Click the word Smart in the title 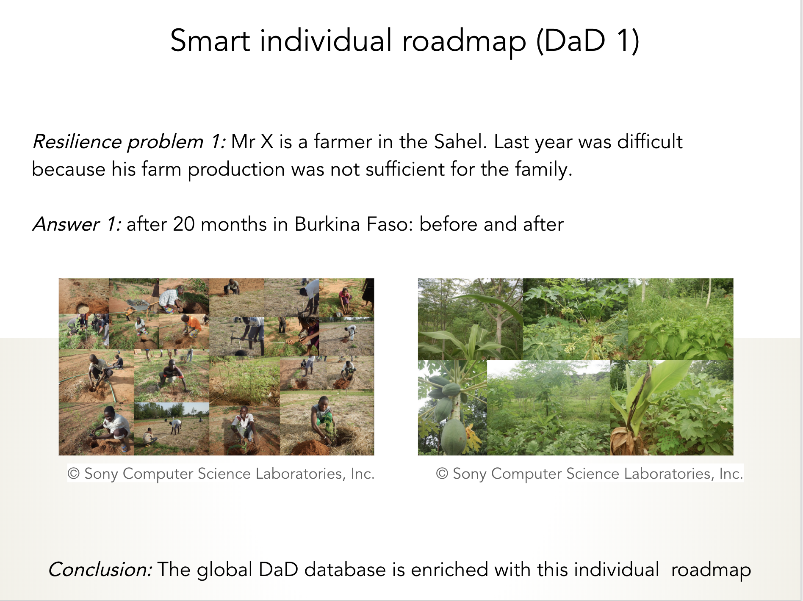coord(210,41)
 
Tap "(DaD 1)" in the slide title coord(588,41)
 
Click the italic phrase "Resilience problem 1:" coord(129,142)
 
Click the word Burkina coord(327,224)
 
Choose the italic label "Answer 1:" coord(77,224)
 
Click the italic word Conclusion coord(100,569)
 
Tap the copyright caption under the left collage coord(221,474)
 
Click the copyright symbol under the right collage coord(442,474)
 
